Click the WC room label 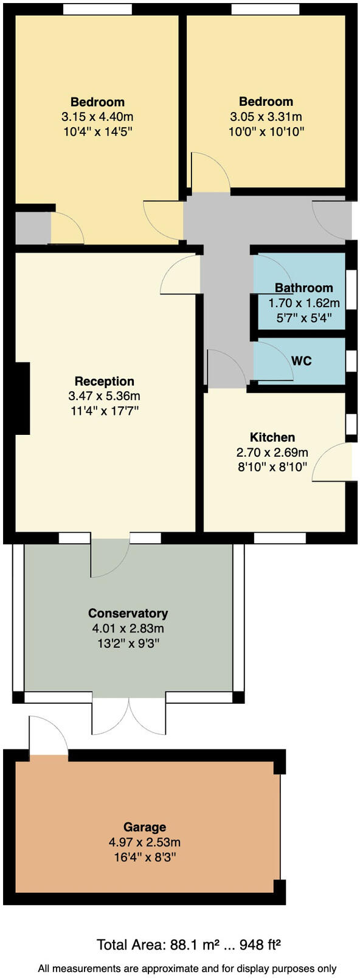click(x=301, y=361)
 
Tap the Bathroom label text click(x=303, y=288)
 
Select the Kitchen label click(x=272, y=437)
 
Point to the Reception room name click(x=105, y=381)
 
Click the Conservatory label click(x=128, y=613)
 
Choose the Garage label click(x=145, y=827)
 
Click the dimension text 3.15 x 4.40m click(x=97, y=117)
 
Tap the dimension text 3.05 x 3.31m click(x=266, y=117)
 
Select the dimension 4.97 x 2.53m click(x=145, y=842)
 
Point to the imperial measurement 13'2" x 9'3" click(x=128, y=643)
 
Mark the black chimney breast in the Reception click(x=22, y=398)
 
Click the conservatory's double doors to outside click(x=129, y=715)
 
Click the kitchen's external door click(x=333, y=462)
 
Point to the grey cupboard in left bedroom click(x=32, y=227)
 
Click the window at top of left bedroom click(x=97, y=9)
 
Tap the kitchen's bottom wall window click(x=280, y=538)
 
